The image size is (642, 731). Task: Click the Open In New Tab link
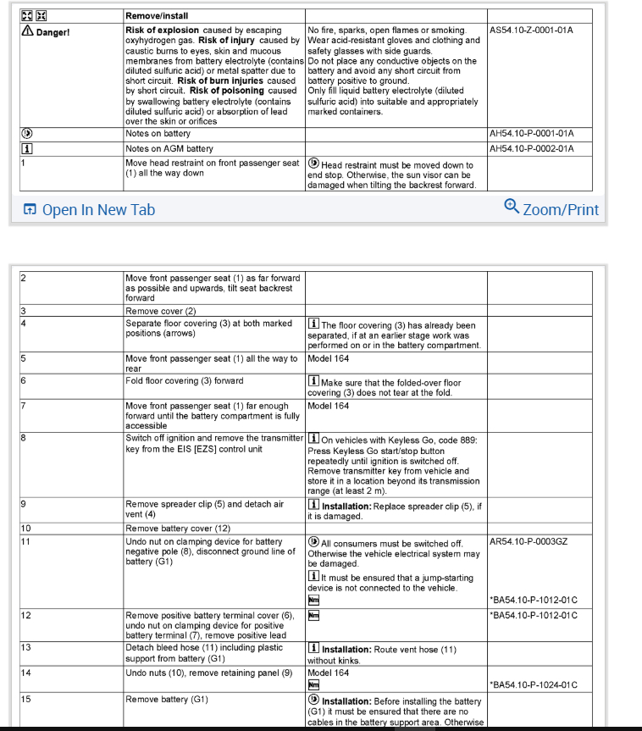(89, 209)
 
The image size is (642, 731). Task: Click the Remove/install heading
(157, 16)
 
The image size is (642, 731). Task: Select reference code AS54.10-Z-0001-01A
(531, 30)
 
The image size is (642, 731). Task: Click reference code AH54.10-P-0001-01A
(531, 134)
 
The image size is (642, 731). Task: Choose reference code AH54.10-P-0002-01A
(531, 149)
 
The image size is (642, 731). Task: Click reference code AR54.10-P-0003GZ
(529, 542)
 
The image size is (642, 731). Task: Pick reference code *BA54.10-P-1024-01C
(534, 685)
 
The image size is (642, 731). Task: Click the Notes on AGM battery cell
(169, 149)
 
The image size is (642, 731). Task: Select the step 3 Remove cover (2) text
(161, 311)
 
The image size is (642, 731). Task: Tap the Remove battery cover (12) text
(178, 529)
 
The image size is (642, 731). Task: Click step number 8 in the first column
(24, 439)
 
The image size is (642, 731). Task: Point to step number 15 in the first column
(26, 701)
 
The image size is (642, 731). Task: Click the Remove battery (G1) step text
(166, 701)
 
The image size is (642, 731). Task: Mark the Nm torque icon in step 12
(313, 614)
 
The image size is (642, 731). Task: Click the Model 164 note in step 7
(328, 406)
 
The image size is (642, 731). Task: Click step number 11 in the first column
(26, 541)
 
